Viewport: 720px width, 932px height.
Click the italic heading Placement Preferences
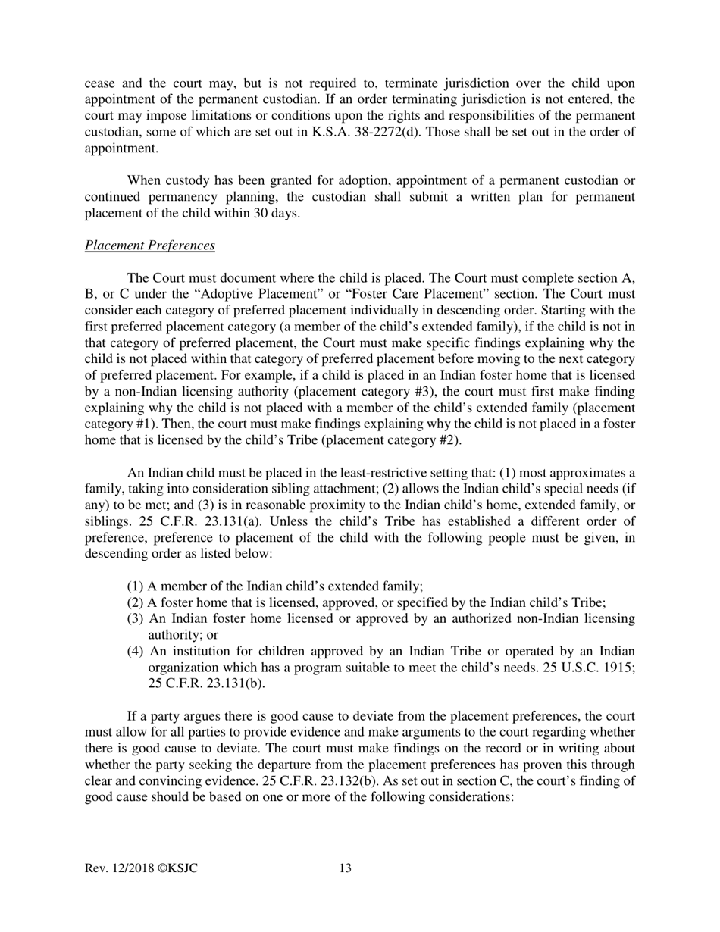tap(150, 246)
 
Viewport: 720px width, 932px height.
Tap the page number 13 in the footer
tap(345, 868)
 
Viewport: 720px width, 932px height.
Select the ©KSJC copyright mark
tap(177, 868)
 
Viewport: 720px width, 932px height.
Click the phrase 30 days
tap(276, 213)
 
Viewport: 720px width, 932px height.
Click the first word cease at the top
tap(100, 83)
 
